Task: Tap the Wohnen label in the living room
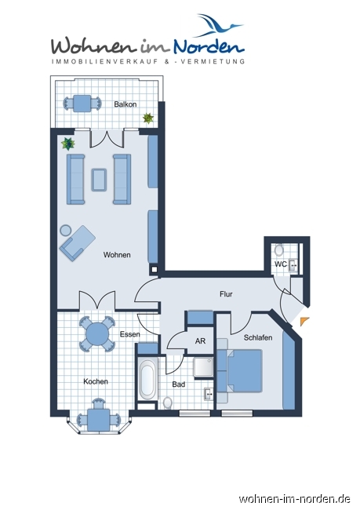click(117, 254)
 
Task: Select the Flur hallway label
click(226, 294)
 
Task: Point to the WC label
click(280, 264)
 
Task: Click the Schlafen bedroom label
click(258, 337)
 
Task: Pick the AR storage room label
click(199, 342)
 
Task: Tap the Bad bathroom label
click(178, 384)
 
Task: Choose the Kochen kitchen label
click(96, 381)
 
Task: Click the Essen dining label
click(129, 334)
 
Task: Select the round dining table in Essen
click(97, 334)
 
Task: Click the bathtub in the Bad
click(147, 380)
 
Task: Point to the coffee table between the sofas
click(100, 179)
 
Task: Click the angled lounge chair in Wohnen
click(76, 242)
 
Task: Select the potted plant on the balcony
click(147, 118)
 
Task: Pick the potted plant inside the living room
click(68, 143)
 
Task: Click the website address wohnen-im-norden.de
click(294, 498)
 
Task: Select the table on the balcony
click(82, 103)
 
